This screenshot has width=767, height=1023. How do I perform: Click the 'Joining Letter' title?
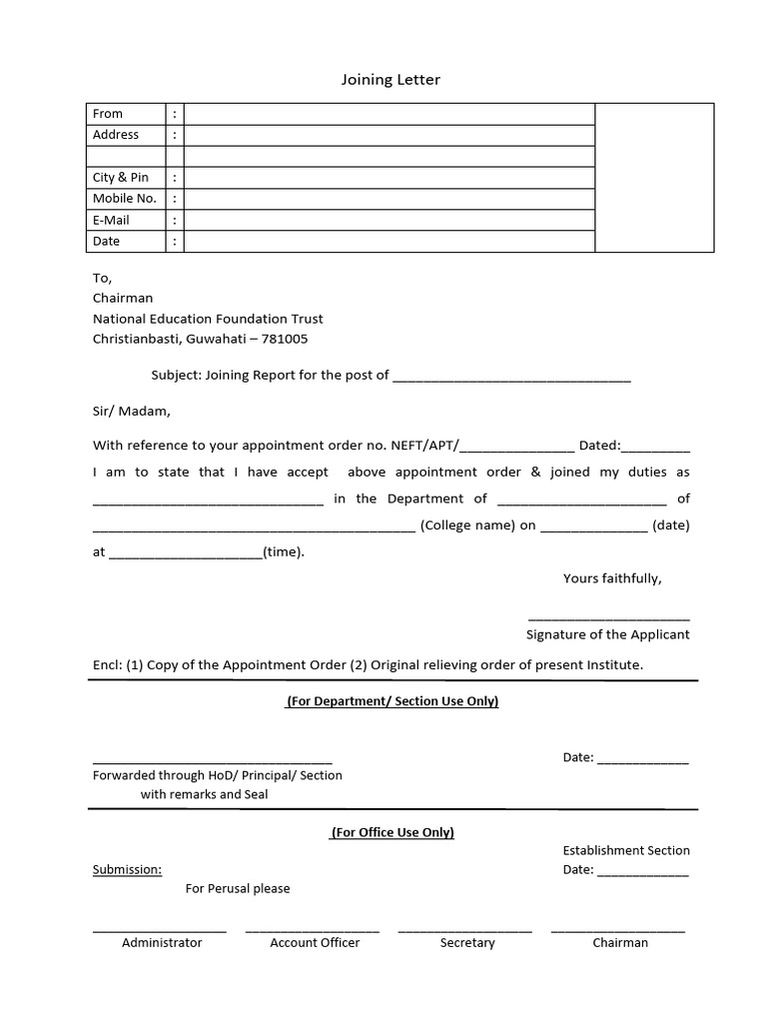click(x=390, y=80)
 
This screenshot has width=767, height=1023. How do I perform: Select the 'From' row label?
click(x=108, y=114)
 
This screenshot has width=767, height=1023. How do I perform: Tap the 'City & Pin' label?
click(x=121, y=177)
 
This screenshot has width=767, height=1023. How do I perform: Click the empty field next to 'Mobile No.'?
click(x=389, y=199)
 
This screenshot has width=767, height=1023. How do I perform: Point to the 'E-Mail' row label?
click(x=111, y=220)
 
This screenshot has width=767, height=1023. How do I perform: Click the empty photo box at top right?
click(x=654, y=177)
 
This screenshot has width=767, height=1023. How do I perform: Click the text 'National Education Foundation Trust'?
click(x=208, y=319)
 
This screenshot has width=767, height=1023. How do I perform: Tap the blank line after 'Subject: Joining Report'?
click(x=511, y=377)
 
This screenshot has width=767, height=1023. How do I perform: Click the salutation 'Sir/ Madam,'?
click(x=132, y=411)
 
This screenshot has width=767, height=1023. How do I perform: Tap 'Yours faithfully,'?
click(x=612, y=578)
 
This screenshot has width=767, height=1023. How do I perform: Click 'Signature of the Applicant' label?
click(x=607, y=634)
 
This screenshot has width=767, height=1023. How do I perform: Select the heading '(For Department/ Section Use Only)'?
click(x=392, y=701)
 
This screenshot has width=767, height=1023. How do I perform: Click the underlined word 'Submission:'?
click(x=127, y=869)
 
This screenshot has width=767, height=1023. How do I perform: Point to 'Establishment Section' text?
click(x=626, y=850)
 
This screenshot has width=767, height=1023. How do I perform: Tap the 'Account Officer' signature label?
click(x=315, y=942)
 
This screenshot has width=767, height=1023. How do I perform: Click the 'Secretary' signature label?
click(x=467, y=942)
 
